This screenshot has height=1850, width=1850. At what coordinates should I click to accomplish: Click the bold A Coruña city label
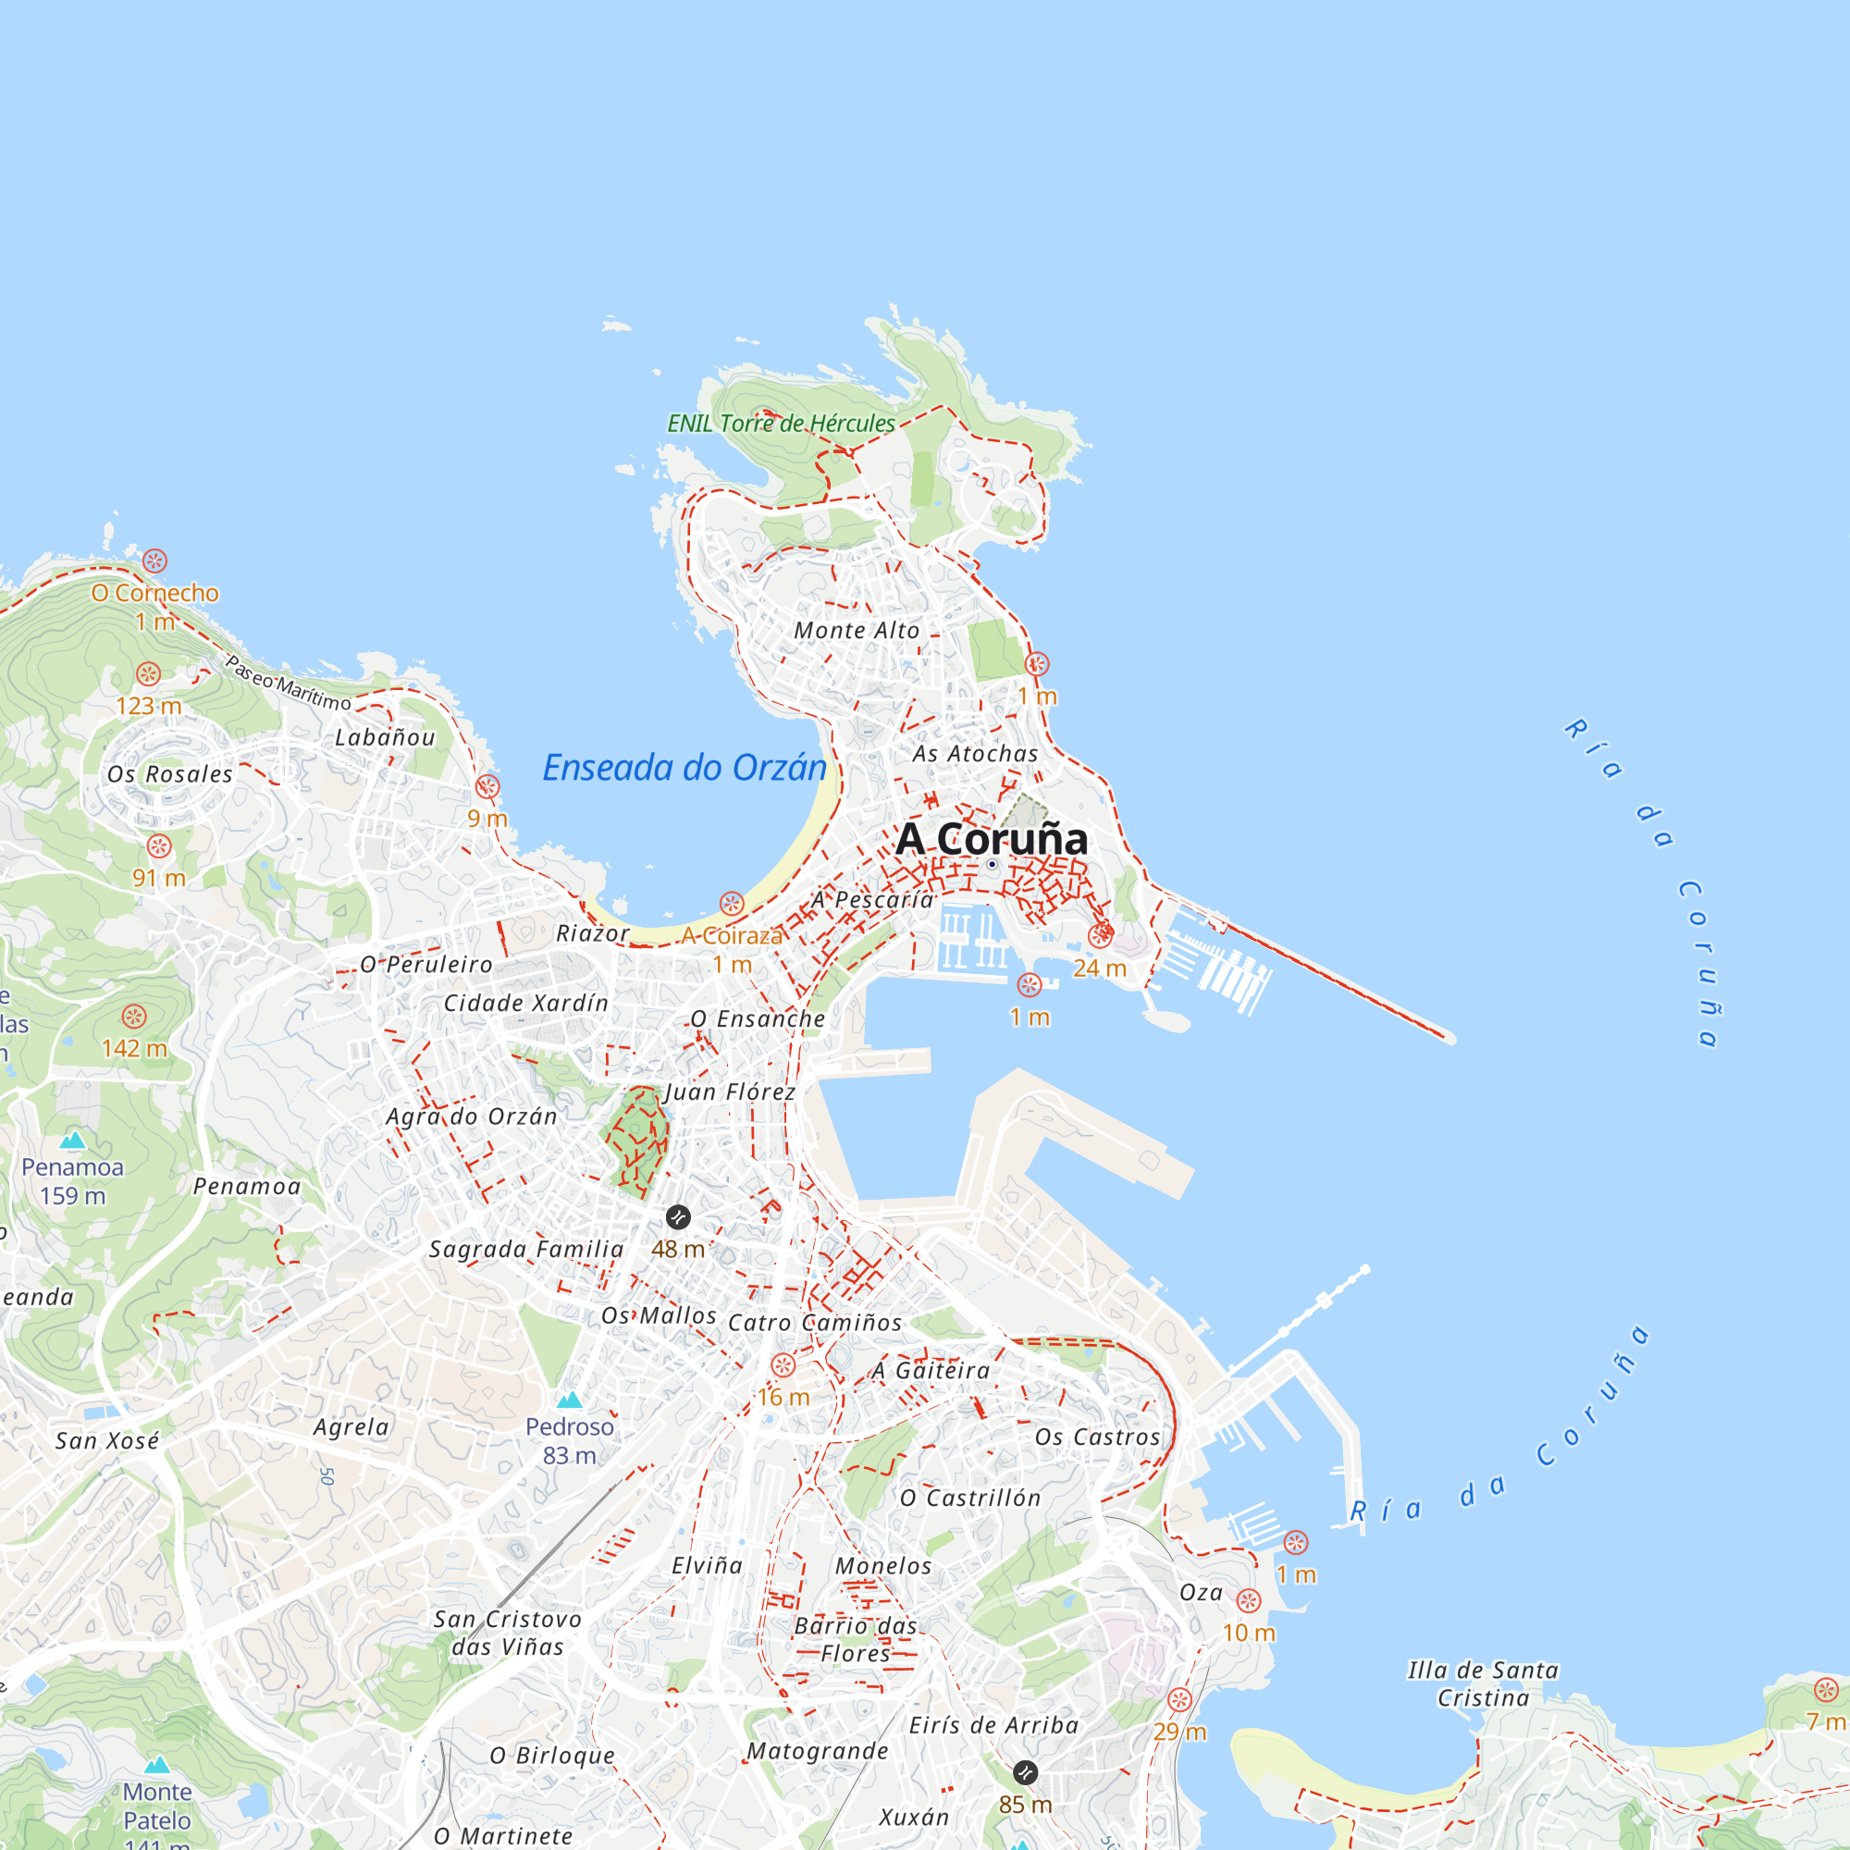991,839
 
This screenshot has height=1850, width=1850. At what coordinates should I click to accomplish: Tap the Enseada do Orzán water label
684,768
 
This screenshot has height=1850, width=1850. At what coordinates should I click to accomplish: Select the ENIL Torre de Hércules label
781,424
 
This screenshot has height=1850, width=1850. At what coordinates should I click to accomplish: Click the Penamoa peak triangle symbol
73,1140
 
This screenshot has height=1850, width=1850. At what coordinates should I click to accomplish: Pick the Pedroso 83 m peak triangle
569,1400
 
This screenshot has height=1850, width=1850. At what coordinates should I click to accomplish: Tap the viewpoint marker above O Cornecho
155,561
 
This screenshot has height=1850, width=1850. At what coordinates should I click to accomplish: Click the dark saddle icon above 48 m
678,1217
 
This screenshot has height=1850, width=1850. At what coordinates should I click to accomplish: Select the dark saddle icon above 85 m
1025,1771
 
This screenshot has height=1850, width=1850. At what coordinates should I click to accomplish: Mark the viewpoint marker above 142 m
134,1016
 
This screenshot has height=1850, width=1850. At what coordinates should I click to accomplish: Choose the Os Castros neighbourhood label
1097,1437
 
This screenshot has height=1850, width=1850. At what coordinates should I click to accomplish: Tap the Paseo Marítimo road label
289,682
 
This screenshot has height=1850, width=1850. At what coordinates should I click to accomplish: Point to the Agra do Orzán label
471,1116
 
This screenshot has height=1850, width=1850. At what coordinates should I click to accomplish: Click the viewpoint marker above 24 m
1099,936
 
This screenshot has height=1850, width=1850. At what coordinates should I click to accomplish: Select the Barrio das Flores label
855,1639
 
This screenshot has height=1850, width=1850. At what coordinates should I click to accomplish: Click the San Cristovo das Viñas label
508,1633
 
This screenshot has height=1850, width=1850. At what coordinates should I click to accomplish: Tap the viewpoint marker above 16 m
783,1365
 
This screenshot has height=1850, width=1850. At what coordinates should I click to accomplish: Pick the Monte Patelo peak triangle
157,1764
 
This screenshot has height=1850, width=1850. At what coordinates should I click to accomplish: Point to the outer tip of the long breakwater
1449,1037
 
